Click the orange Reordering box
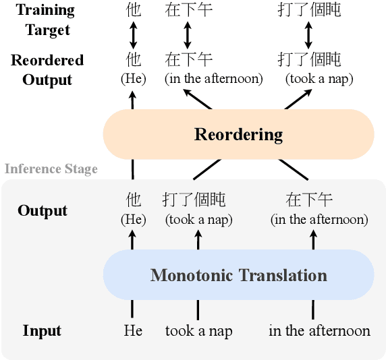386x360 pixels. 238,134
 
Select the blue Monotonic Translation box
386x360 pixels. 238,275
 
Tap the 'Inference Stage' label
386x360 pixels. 51,169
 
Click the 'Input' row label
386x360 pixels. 42,330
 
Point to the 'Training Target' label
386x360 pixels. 47,20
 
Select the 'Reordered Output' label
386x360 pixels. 47,69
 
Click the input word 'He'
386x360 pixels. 133,330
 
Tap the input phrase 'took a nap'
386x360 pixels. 198,330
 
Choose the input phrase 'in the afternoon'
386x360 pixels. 319,330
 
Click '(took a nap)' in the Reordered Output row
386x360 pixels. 319,78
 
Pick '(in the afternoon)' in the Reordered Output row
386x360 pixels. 213,78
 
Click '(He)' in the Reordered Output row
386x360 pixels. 133,78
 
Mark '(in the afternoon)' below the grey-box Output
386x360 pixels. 319,219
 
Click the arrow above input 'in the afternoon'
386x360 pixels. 313,239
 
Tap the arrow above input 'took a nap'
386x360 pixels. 198,239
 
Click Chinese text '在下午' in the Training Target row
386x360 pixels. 188,9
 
